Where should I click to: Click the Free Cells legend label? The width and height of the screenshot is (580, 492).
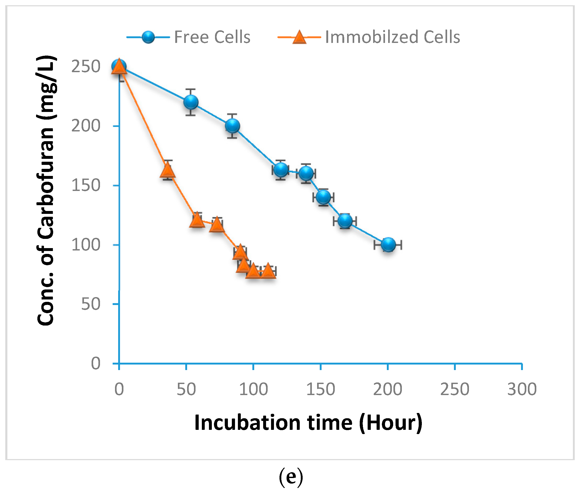click(212, 37)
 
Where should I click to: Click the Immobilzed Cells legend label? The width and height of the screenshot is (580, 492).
click(392, 37)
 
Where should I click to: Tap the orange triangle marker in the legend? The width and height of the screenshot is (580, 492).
click(299, 38)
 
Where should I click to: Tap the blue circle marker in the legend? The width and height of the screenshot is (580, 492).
click(148, 37)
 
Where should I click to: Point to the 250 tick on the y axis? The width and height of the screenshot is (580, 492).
click(86, 67)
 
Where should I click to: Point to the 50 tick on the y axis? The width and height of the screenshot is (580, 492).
click(91, 304)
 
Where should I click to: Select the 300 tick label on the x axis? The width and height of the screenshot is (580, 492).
click(522, 389)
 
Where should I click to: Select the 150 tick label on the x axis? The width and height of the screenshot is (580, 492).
click(321, 389)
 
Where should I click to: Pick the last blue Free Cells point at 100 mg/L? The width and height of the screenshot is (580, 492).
click(388, 245)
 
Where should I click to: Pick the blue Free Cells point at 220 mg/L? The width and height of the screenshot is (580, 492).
click(191, 102)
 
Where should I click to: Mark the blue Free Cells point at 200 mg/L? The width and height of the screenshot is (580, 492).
click(232, 126)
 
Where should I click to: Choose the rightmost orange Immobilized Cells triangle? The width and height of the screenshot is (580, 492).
click(268, 271)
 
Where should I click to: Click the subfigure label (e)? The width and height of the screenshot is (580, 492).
click(291, 476)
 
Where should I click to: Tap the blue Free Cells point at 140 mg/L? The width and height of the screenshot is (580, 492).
click(323, 197)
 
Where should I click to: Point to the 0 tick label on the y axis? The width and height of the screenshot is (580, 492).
click(96, 363)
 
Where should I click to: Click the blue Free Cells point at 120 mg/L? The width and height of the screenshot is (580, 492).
click(345, 221)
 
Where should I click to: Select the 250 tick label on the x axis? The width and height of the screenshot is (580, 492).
click(454, 389)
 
